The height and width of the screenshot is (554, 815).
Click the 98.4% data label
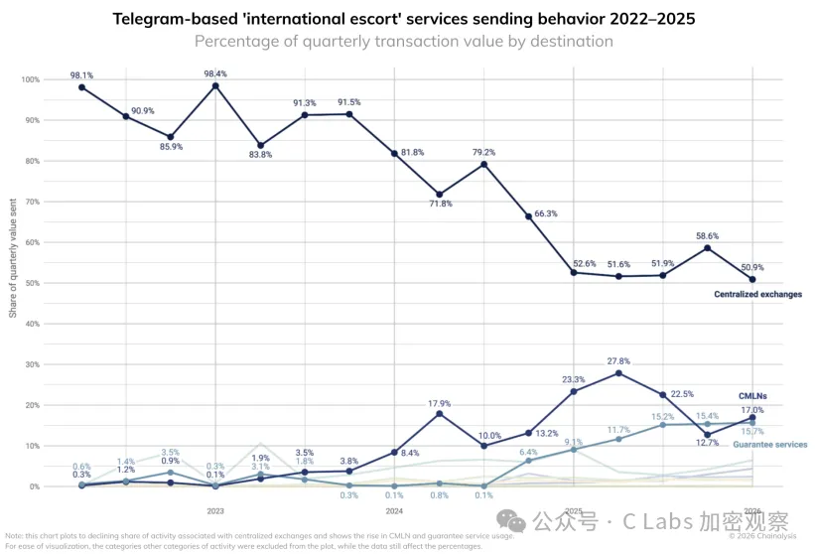click(x=215, y=73)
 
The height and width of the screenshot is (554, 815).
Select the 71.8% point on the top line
click(x=439, y=195)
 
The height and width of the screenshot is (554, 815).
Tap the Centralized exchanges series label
click(x=757, y=295)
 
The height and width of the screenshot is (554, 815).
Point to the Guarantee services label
click(x=769, y=444)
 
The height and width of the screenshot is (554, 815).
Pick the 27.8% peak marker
click(x=618, y=373)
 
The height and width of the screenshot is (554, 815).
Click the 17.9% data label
click(x=440, y=403)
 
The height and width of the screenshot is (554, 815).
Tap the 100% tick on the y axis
click(x=31, y=79)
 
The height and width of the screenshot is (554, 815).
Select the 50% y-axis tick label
click(x=33, y=283)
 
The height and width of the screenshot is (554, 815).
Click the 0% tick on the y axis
click(x=35, y=486)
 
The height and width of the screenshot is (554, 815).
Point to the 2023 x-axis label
click(x=215, y=510)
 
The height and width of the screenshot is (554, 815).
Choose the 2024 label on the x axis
click(x=394, y=510)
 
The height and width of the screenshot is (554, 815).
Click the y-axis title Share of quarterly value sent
click(x=13, y=283)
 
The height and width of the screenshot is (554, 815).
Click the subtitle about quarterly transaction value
click(x=403, y=41)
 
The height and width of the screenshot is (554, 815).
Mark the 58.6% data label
click(x=708, y=236)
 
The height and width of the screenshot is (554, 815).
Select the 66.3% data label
click(x=546, y=213)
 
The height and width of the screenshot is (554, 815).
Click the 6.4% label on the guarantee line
click(x=527, y=452)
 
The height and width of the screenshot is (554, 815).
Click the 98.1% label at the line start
click(x=81, y=74)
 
